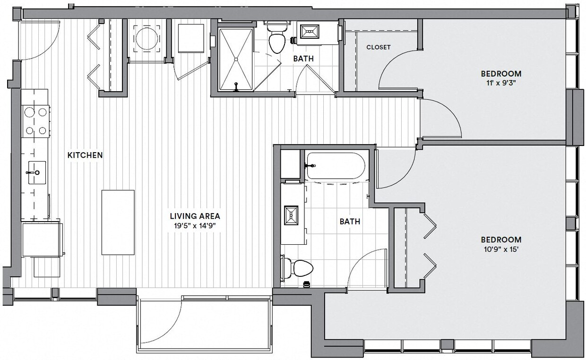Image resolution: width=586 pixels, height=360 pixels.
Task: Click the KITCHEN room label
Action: click(x=85, y=155)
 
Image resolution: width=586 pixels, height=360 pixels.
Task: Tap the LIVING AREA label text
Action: click(x=195, y=216)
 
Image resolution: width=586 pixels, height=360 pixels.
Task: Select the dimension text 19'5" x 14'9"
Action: click(x=195, y=225)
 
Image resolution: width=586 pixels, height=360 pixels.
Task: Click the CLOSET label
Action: click(x=379, y=47)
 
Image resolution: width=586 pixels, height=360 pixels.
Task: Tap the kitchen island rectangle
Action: click(x=118, y=222)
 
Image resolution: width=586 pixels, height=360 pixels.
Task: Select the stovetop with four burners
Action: click(x=36, y=121)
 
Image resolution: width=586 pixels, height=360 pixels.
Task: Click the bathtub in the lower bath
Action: click(x=335, y=165)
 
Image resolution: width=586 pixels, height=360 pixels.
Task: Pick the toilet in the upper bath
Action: click(x=276, y=40)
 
